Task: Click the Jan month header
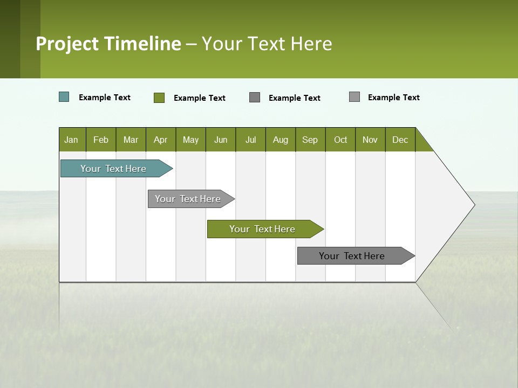pyautogui.click(x=72, y=140)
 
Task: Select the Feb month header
pyautogui.click(x=101, y=140)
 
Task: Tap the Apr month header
pyautogui.click(x=161, y=140)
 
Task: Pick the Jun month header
pyautogui.click(x=221, y=140)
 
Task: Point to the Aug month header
pyautogui.click(x=281, y=140)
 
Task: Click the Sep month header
pyautogui.click(x=310, y=140)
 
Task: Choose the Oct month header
pyautogui.click(x=340, y=140)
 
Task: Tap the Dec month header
pyautogui.click(x=400, y=140)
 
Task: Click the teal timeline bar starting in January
pyautogui.click(x=113, y=169)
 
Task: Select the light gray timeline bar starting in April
pyautogui.click(x=188, y=199)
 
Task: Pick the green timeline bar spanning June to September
pyautogui.click(x=262, y=229)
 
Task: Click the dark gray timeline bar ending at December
pyautogui.click(x=352, y=256)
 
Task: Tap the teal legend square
pyautogui.click(x=64, y=97)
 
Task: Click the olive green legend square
pyautogui.click(x=159, y=98)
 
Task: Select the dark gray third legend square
pyautogui.click(x=255, y=97)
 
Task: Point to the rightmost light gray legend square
pyautogui.click(x=355, y=97)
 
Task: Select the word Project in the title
pyautogui.click(x=68, y=44)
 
